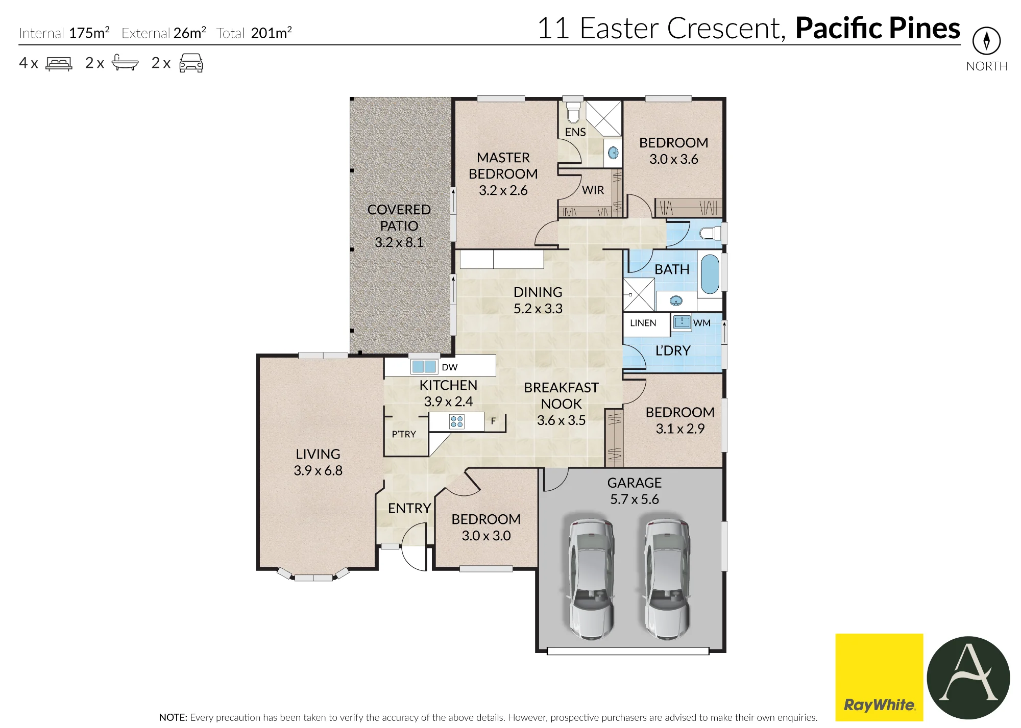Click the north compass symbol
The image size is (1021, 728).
(x=986, y=41)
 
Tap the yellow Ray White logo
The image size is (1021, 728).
(x=879, y=677)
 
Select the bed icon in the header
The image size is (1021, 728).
(x=59, y=63)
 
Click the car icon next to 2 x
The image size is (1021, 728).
(x=191, y=63)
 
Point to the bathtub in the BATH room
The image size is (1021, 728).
(x=709, y=274)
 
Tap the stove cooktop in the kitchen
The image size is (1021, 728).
(x=457, y=421)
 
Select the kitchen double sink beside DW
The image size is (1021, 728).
(x=424, y=366)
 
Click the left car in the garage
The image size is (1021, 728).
(x=591, y=579)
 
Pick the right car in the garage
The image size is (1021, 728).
(x=667, y=579)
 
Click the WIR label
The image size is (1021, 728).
(x=593, y=190)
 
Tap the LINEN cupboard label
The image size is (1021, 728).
(x=643, y=323)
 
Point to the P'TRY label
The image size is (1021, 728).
(x=404, y=434)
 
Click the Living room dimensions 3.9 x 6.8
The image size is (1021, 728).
(x=318, y=470)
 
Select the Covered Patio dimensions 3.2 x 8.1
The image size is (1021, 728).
(x=399, y=242)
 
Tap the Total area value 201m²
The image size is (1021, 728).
(x=271, y=33)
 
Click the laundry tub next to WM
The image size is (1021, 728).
(x=682, y=322)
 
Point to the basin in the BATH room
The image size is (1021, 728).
(x=676, y=301)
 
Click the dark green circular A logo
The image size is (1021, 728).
(x=968, y=678)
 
